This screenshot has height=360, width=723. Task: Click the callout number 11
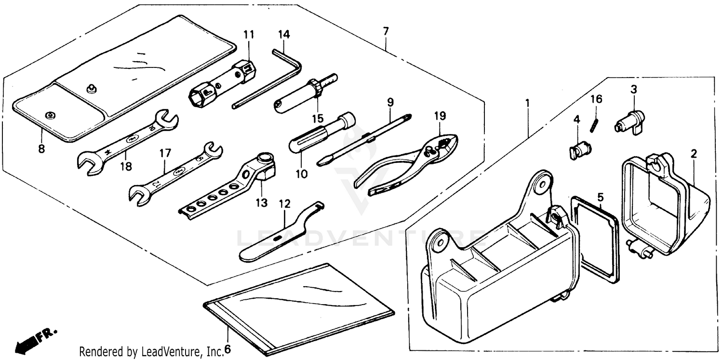tap(248, 35)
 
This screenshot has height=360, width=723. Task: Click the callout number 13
tap(261, 203)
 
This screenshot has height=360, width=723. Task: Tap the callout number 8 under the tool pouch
tap(41, 149)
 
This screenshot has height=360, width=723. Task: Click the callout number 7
tap(386, 32)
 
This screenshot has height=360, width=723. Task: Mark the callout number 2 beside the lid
tap(694, 154)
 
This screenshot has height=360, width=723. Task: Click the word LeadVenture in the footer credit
tap(174, 351)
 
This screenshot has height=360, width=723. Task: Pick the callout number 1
tap(528, 103)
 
